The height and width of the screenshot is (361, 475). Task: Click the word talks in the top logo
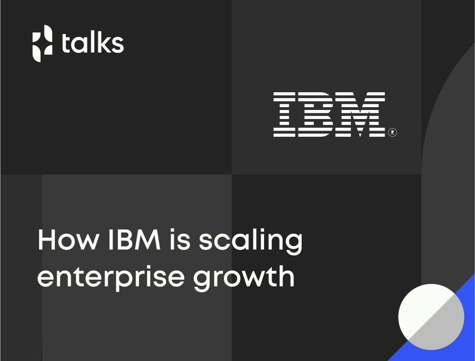coord(93,43)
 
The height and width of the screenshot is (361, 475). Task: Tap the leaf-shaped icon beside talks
coord(42,44)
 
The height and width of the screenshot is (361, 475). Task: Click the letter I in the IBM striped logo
coord(284,114)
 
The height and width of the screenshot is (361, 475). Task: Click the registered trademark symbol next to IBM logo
coord(392,132)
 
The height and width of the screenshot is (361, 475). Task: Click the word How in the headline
coord(68,240)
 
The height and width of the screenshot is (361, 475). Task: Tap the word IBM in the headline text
coord(134,240)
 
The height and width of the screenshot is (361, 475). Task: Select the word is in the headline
coord(180,240)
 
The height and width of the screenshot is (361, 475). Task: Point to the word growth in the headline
coord(244,278)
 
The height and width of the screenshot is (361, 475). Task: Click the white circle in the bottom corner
coord(431,317)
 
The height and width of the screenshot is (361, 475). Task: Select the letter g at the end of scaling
coord(293,244)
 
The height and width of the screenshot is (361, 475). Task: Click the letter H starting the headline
coord(46,240)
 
